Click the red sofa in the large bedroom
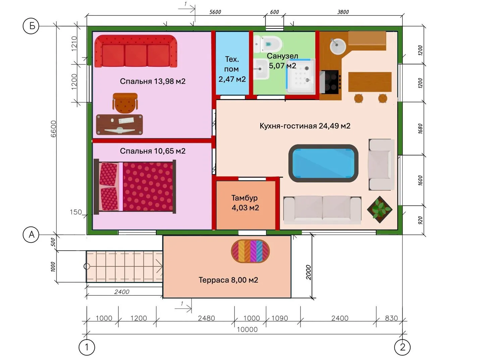(136, 51)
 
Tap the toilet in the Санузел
(268, 44)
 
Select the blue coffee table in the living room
(323, 163)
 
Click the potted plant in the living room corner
(380, 209)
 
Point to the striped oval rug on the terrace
(250, 251)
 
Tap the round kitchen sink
(337, 46)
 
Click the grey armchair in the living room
(381, 164)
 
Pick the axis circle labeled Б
(31, 26)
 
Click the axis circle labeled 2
(402, 347)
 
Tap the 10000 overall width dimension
(247, 329)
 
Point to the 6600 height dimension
(53, 129)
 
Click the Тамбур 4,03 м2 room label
(245, 203)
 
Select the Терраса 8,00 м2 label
(228, 280)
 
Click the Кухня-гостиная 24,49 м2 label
(305, 126)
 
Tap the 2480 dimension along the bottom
(206, 318)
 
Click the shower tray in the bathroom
(300, 76)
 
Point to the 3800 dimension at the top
(343, 12)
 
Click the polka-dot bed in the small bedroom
(135, 187)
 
